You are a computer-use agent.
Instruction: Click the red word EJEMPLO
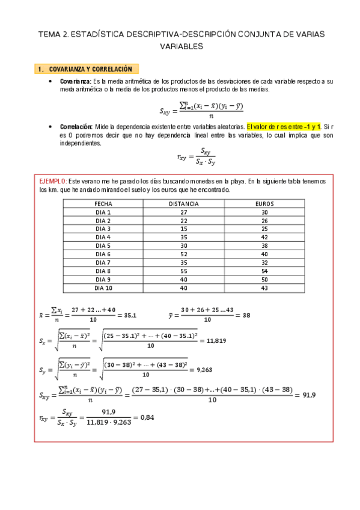coord(53,180)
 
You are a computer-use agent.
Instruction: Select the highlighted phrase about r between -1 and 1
coord(284,127)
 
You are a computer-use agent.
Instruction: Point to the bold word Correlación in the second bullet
coord(76,127)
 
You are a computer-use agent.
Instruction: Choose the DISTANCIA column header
coord(184,204)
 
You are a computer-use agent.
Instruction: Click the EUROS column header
coord(264,204)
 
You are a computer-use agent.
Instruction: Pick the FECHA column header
coord(103,204)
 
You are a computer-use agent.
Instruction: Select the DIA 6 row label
coord(103,254)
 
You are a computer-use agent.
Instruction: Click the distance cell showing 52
coord(184,254)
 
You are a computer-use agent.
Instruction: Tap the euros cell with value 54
coord(264,271)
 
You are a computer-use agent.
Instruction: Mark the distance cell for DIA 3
coord(184,229)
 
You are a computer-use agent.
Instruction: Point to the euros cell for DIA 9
coord(264,280)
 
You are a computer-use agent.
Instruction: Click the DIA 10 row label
coord(103,288)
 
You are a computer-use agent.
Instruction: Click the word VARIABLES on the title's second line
coord(182,46)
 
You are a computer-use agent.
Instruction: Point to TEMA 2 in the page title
coord(53,35)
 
